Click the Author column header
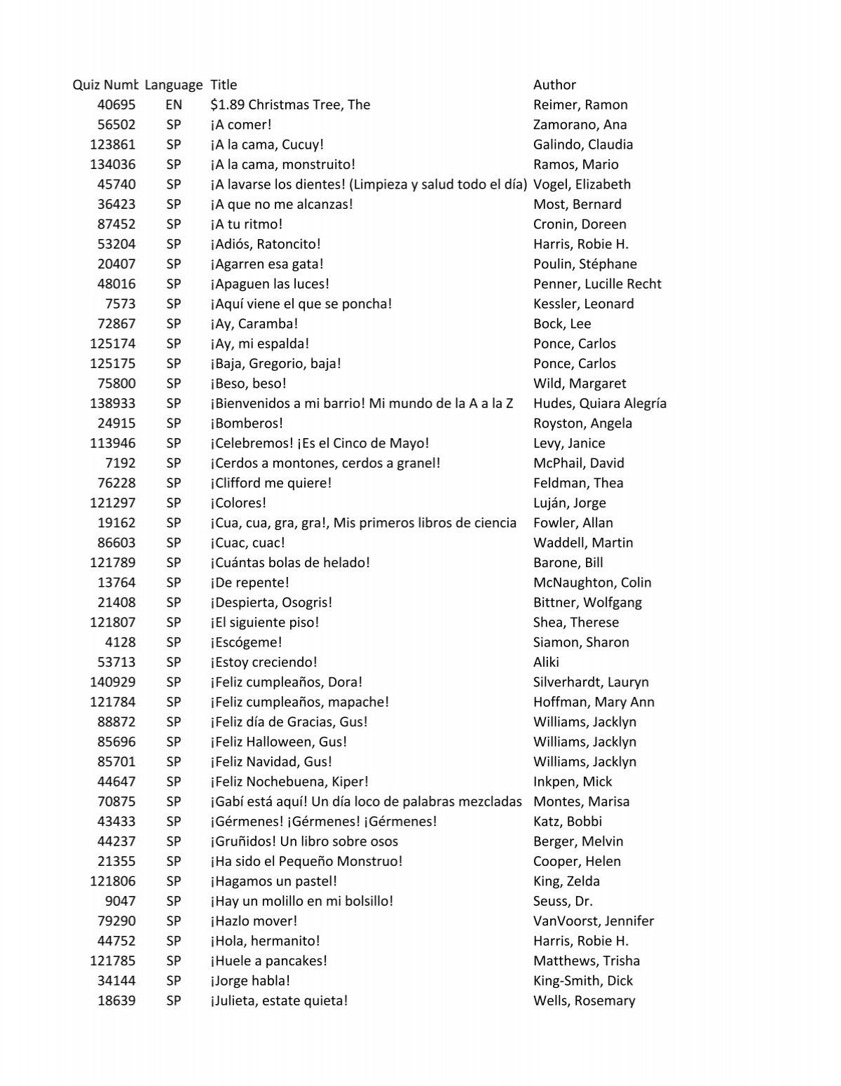tap(554, 85)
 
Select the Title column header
tap(224, 85)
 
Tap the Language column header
tap(174, 85)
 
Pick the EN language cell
tap(174, 104)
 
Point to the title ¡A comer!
tap(240, 125)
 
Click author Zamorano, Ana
tap(580, 125)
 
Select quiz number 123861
tap(113, 144)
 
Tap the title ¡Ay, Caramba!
tap(254, 324)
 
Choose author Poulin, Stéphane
tap(584, 264)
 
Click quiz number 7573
tap(121, 304)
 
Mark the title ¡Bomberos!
tap(246, 423)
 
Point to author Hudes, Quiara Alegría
tap(599, 403)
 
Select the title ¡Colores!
tap(238, 503)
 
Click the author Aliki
tap(546, 662)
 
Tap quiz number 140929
tap(113, 682)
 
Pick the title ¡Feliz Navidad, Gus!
tap(271, 761)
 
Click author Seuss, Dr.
tap(563, 901)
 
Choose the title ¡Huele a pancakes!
tap(268, 961)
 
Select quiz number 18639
tap(116, 1000)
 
